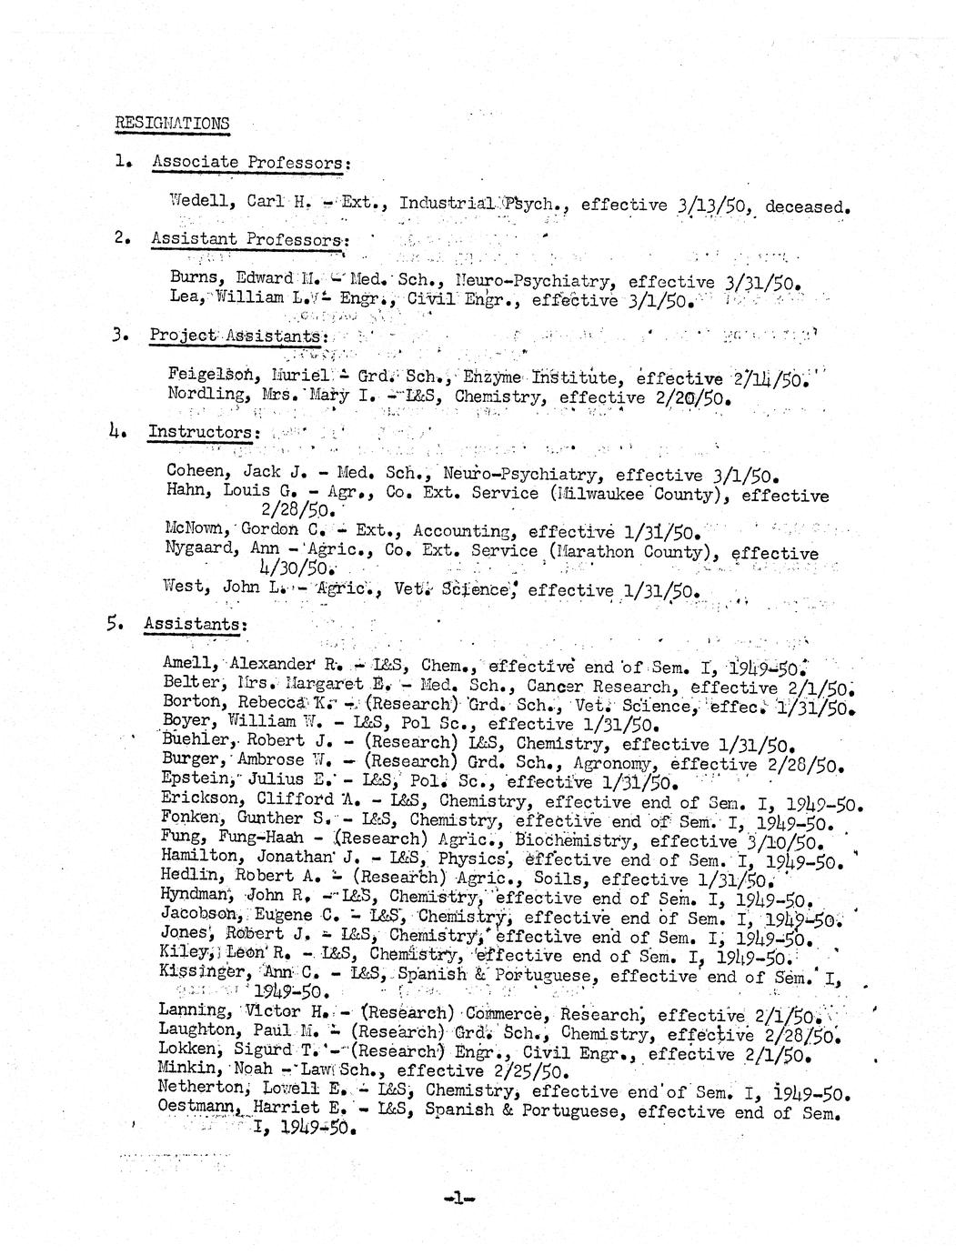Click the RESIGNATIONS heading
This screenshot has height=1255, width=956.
[x=172, y=123]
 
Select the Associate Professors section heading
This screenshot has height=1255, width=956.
[x=249, y=163]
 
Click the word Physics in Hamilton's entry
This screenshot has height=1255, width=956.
[x=471, y=858]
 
